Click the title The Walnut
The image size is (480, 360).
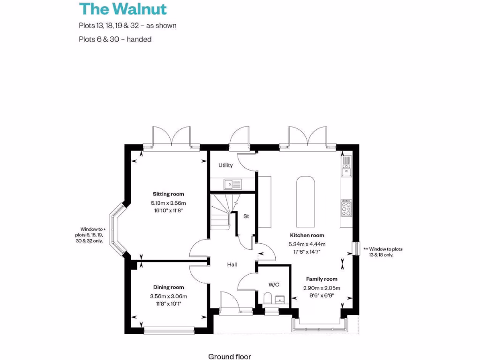coord(123,9)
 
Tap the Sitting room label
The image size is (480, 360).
coord(168,194)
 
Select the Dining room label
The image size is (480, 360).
coord(168,287)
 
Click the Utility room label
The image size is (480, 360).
coord(225,165)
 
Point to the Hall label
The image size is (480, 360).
coord(232,265)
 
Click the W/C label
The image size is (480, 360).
coord(274,285)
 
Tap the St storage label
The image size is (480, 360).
coord(246,216)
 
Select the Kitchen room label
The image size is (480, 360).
coord(307,235)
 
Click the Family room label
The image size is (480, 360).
coord(322,279)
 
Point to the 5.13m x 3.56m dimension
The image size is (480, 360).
coord(168,203)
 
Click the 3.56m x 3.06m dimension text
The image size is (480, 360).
coord(168,296)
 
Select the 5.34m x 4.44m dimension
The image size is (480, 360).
coord(307,244)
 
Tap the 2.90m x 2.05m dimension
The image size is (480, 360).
coord(322,288)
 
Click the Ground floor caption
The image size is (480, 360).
coord(230,357)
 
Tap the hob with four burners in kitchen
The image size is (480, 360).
coord(346,208)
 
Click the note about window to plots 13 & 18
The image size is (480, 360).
coord(382,252)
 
